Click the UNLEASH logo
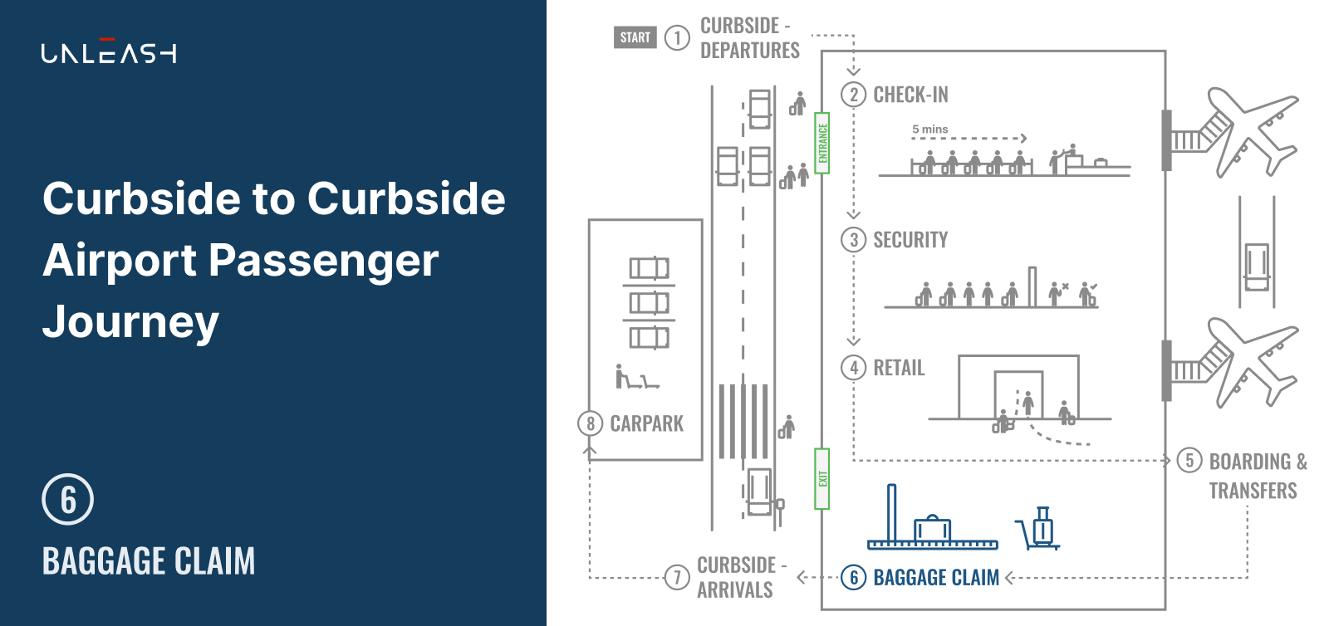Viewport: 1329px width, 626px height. point(109,51)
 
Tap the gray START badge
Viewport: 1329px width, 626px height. point(635,37)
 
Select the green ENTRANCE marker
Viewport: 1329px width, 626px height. point(821,143)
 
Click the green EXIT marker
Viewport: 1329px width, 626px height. point(821,478)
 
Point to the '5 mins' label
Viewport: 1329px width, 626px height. point(929,130)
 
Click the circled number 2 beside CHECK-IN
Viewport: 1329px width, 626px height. point(853,95)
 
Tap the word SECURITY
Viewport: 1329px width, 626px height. point(910,240)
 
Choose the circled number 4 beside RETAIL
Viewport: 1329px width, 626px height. point(853,368)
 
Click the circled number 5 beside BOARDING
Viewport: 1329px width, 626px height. point(1189,461)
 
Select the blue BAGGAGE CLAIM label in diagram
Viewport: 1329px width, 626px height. point(936,577)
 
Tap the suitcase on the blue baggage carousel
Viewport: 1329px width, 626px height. point(932,527)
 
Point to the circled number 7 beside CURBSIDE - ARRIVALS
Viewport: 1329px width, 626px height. point(677,577)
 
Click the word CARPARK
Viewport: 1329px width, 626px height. point(647,424)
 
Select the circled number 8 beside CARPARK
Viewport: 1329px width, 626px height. point(590,424)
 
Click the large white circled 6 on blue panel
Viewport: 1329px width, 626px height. point(67,499)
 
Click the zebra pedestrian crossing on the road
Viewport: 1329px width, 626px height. point(743,421)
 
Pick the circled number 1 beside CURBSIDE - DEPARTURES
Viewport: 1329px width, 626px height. point(677,38)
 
